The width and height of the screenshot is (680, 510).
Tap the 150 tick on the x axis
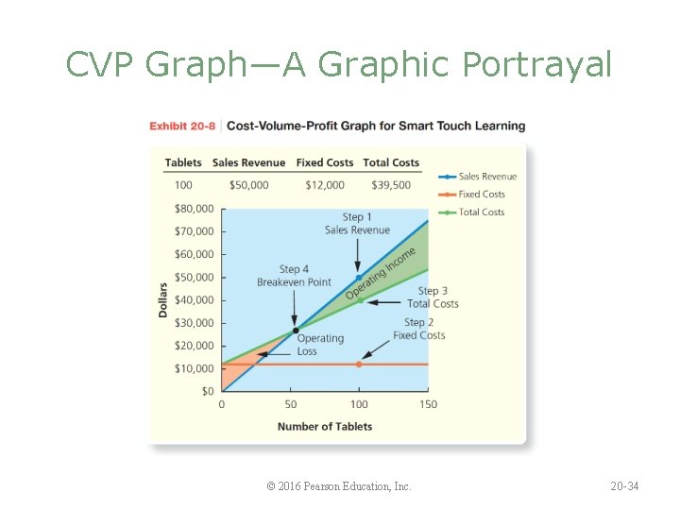coord(428,404)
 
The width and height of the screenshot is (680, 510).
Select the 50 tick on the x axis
coord(291,404)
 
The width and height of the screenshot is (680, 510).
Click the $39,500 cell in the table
coord(391,185)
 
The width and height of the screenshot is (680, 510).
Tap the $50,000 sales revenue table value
coord(248,185)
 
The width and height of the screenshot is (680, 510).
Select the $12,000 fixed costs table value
coord(325,185)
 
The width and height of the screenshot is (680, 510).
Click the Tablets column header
coord(183,162)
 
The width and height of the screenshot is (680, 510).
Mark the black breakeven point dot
coord(296,331)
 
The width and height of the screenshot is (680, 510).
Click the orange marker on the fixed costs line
coord(359,364)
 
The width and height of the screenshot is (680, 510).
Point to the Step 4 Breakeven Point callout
coord(294,276)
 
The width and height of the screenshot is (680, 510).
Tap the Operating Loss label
coord(320,345)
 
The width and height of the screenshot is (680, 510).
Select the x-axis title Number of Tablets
coord(325,427)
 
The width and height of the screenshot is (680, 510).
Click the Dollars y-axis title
coord(162,298)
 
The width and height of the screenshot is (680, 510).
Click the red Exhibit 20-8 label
coord(182,127)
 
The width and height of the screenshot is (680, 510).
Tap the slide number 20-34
coord(624,486)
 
